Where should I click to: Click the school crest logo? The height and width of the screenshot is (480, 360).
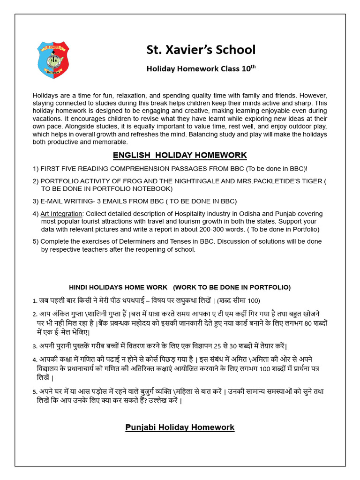click(x=53, y=60)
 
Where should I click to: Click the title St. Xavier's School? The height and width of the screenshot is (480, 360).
click(x=201, y=50)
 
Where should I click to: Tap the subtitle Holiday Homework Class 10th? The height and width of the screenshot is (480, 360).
click(x=201, y=68)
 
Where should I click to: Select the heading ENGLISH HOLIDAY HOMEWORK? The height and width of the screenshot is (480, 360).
click(x=180, y=155)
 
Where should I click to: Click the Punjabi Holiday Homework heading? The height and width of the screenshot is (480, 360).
click(x=180, y=427)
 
